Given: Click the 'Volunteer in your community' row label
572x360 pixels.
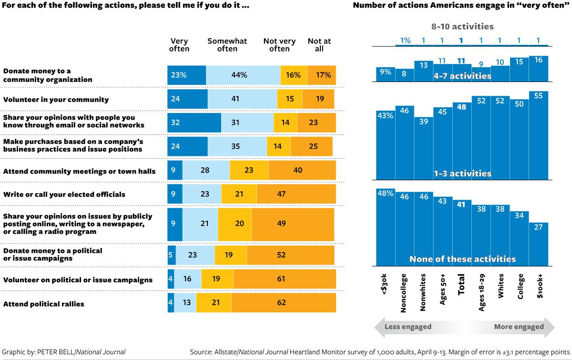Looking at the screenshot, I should [x=56, y=100].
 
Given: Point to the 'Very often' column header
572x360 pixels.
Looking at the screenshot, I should [x=179, y=45].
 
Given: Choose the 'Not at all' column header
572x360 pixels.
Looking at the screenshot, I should [x=319, y=45].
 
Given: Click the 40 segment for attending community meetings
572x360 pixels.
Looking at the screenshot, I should [x=298, y=170].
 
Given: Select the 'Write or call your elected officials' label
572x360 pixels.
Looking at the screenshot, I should [x=64, y=195].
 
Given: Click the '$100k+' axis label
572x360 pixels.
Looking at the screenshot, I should [x=539, y=286].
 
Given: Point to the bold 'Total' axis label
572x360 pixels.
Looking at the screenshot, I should [x=461, y=285].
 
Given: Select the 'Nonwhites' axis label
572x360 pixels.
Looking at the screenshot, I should [x=423, y=292].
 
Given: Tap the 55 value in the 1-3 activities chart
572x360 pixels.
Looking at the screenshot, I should [x=538, y=95].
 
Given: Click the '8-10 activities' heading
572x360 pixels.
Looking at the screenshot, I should [x=462, y=27].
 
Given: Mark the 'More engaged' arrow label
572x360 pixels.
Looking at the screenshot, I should [x=519, y=327].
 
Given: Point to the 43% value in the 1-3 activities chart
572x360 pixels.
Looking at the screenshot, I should [x=385, y=115].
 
